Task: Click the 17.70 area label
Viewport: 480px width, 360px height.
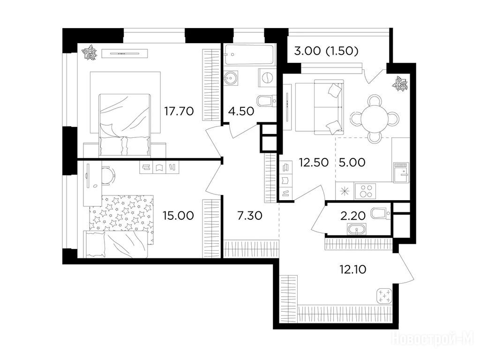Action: tap(179, 111)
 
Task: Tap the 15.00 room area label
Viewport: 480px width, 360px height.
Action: tap(178, 216)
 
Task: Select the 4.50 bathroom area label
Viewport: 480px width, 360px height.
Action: tap(241, 111)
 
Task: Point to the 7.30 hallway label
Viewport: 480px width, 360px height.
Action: tap(250, 216)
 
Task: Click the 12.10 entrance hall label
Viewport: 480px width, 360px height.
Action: tap(352, 270)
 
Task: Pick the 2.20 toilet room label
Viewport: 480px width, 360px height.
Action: tap(353, 216)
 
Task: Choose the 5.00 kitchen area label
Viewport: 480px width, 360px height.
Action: tap(352, 162)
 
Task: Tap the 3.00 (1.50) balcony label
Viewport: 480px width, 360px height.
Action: tap(326, 51)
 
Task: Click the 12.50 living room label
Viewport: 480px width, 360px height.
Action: tap(314, 162)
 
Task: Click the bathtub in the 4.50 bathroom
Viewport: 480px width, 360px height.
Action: tap(249, 55)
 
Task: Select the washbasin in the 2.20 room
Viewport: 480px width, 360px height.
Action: tap(357, 229)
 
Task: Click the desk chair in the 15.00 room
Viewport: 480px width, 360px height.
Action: tap(108, 176)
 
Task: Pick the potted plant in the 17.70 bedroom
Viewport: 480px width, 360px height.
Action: tap(91, 52)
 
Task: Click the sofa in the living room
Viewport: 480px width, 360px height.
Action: tap(319, 107)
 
